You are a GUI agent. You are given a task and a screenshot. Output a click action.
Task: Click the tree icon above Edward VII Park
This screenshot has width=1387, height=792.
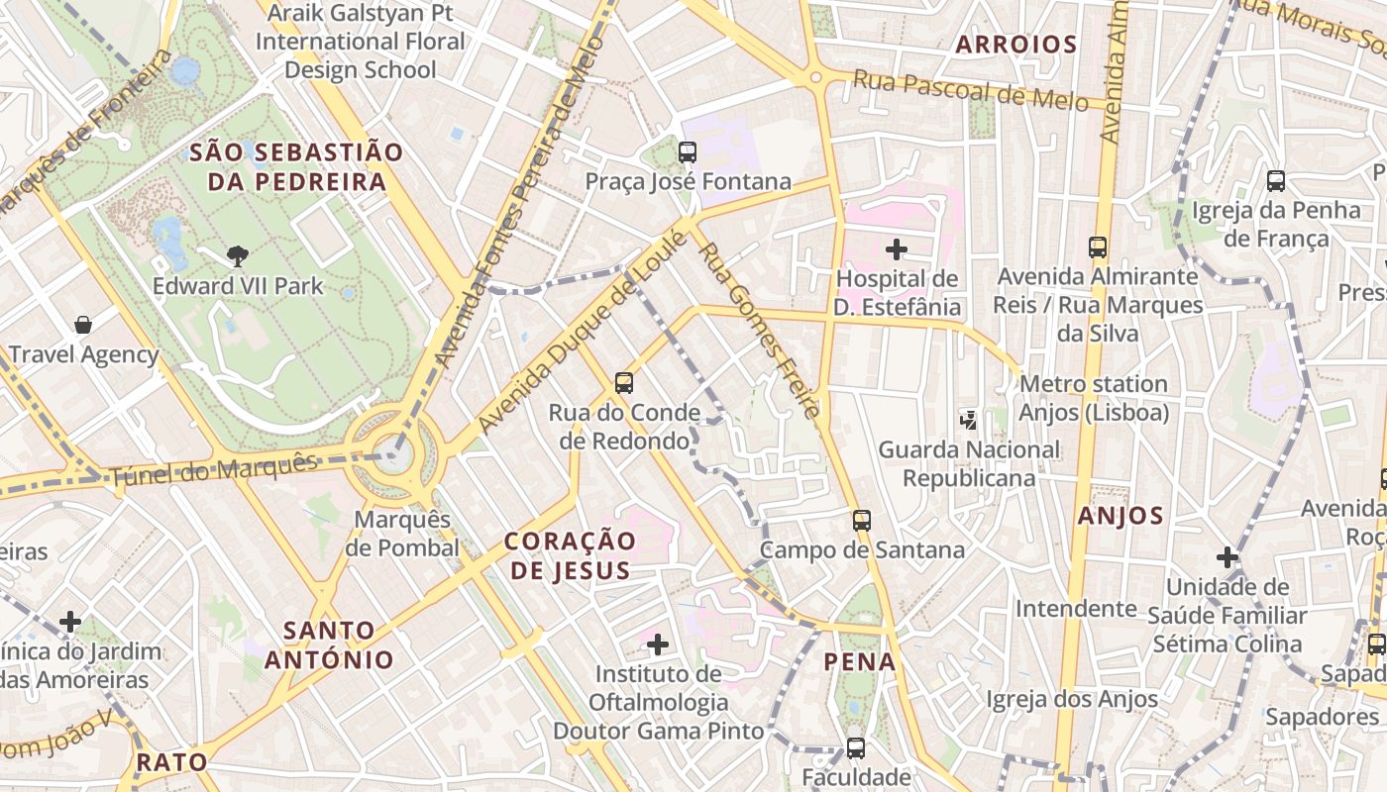click(x=237, y=256)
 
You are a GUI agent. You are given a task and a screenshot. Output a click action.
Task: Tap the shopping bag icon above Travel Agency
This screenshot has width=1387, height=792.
click(x=84, y=325)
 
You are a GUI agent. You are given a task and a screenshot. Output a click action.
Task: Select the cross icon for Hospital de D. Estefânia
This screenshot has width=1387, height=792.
click(x=897, y=248)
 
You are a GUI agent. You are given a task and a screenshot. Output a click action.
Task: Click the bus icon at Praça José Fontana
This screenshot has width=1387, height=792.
click(x=687, y=152)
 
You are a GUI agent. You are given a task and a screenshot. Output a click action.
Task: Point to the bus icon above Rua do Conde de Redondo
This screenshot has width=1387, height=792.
click(x=624, y=382)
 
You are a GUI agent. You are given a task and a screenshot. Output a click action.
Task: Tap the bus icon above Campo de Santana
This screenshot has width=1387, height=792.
click(x=862, y=520)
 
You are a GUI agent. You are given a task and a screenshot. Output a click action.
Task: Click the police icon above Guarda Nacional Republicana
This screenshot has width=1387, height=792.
click(x=969, y=420)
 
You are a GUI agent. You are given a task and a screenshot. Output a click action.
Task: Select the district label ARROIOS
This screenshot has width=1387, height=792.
click(x=1016, y=44)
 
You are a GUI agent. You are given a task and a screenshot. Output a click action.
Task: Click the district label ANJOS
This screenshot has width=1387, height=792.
click(x=1120, y=515)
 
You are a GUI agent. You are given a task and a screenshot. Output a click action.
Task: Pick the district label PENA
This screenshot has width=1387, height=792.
click(x=860, y=661)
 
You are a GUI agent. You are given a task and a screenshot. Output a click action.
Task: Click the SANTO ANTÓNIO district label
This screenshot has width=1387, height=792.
click(x=339, y=644)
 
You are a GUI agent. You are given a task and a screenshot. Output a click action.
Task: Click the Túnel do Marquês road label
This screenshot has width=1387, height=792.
click(x=213, y=470)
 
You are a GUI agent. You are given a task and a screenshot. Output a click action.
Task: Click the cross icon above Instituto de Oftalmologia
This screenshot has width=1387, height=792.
click(x=657, y=645)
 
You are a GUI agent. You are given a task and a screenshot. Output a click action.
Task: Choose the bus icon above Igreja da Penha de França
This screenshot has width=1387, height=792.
click(x=1276, y=181)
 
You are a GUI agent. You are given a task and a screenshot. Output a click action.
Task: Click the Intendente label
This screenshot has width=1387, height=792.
click(x=1076, y=608)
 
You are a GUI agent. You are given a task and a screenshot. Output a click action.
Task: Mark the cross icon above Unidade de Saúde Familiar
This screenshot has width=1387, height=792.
click(x=1227, y=557)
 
